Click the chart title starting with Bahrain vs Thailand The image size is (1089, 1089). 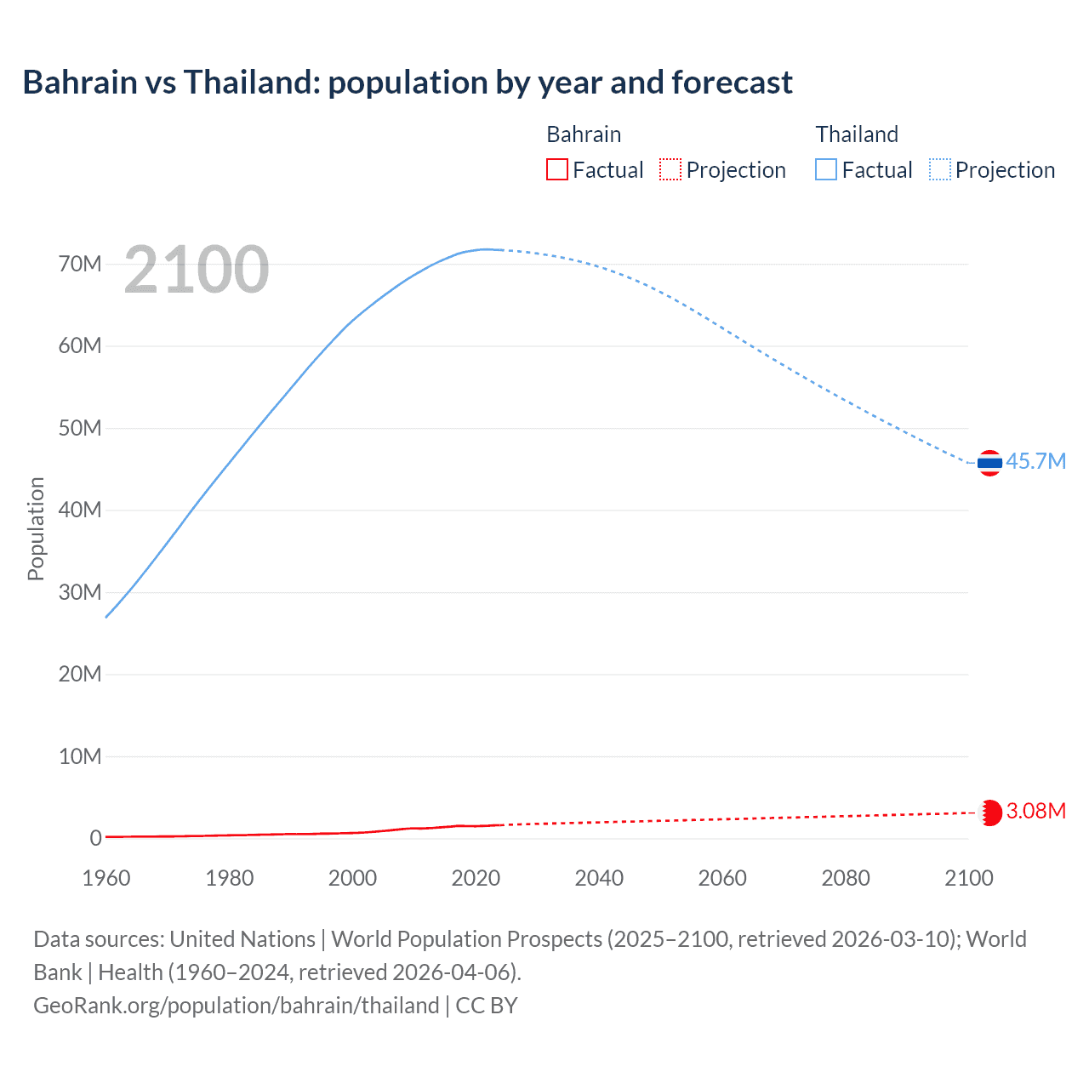(x=408, y=83)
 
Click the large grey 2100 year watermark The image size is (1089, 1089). (x=197, y=270)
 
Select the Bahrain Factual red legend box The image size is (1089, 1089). (x=556, y=170)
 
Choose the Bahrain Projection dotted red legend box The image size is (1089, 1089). (x=670, y=170)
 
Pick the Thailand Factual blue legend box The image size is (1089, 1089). (x=825, y=170)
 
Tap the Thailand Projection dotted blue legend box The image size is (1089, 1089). (x=939, y=170)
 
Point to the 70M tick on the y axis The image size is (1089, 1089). (x=80, y=264)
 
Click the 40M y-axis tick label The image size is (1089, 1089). (x=80, y=510)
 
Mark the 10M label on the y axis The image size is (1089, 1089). (x=80, y=756)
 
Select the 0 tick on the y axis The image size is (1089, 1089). (x=95, y=838)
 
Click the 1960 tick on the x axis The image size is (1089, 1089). (x=106, y=878)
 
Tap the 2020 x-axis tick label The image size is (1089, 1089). (x=476, y=878)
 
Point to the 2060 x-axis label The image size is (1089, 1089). (x=722, y=878)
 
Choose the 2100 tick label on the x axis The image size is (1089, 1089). (x=968, y=878)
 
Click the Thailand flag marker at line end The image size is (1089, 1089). (x=989, y=463)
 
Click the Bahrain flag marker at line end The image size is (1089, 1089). (x=990, y=812)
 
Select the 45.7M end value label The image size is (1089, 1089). (x=1035, y=461)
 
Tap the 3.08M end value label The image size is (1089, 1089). (x=1035, y=811)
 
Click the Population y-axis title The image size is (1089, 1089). (x=36, y=528)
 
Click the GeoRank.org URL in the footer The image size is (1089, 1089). (x=237, y=1006)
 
